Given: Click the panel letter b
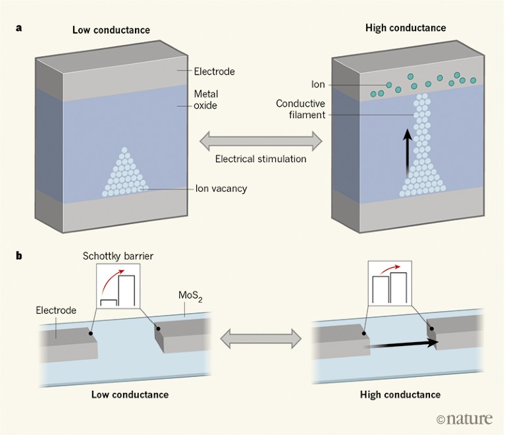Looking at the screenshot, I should pyautogui.click(x=21, y=253).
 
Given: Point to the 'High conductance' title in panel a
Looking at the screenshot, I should pyautogui.click(x=405, y=28).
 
